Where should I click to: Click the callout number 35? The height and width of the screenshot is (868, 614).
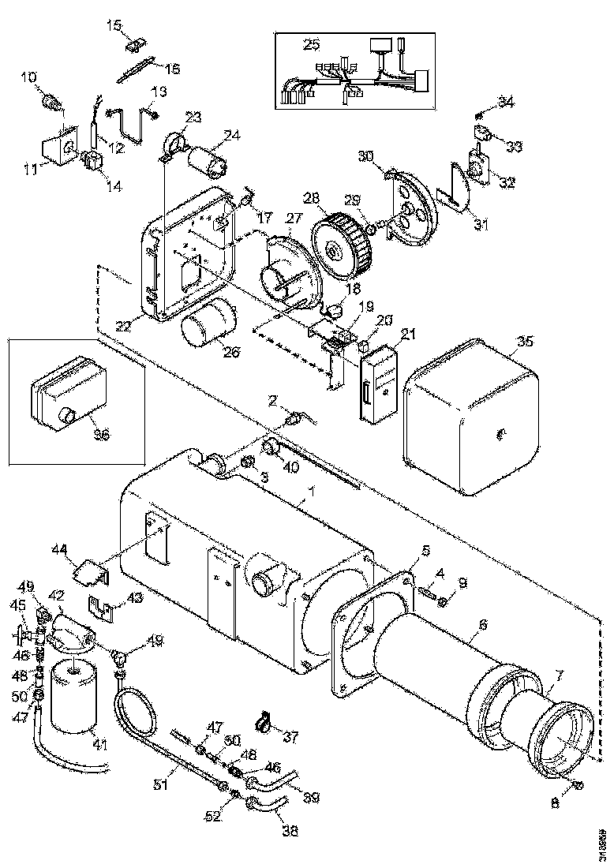pyautogui.click(x=525, y=341)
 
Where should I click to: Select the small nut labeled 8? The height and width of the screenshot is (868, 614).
pyautogui.click(x=578, y=786)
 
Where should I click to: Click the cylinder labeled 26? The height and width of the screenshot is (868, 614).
pyautogui.click(x=208, y=321)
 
